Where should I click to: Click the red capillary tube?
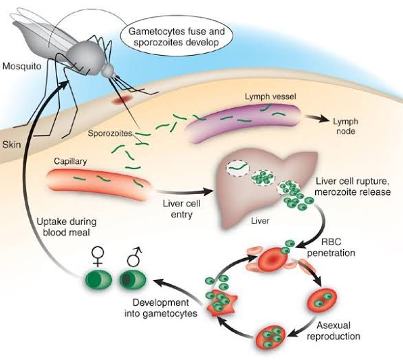pyautogui.click(x=97, y=181)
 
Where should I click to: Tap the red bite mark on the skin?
pyautogui.click(x=123, y=100)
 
